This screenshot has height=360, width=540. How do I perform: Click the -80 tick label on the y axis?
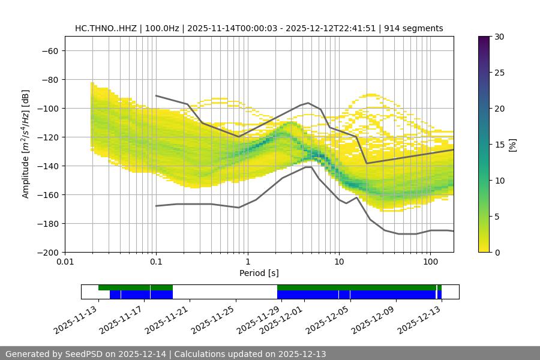[49, 79]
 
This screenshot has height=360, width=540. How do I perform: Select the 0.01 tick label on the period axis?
[65, 262]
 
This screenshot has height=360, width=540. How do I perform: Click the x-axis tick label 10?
[338, 262]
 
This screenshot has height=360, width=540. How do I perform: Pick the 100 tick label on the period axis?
[430, 262]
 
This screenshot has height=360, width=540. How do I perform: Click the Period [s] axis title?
[259, 273]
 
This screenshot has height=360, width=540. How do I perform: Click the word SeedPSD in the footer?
[83, 354]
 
